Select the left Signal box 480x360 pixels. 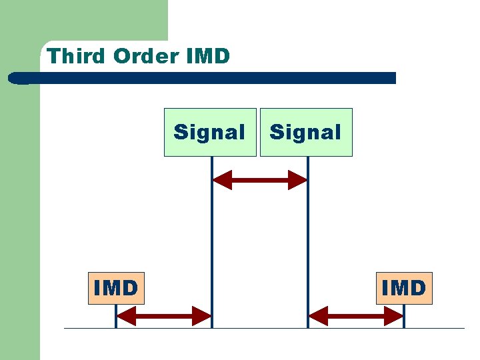click(210, 132)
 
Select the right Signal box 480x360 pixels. click(306, 132)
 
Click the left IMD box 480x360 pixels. click(115, 288)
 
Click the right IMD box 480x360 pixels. click(404, 288)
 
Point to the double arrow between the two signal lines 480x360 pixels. click(259, 180)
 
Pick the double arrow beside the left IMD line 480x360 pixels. click(164, 315)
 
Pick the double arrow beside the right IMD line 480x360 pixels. click(356, 315)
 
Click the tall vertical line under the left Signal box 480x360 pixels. click(211, 253)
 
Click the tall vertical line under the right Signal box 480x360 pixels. click(307, 253)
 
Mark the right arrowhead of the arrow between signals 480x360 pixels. click(297, 180)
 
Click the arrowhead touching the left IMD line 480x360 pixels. click(126, 315)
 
